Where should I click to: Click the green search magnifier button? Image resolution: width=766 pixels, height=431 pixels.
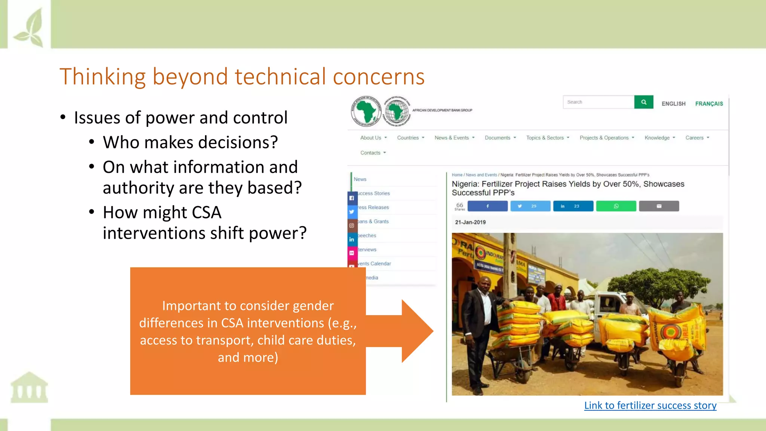pyautogui.click(x=643, y=102)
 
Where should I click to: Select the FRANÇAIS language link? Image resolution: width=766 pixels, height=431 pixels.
pyautogui.click(x=709, y=104)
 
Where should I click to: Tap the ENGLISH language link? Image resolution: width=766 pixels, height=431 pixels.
pyautogui.click(x=673, y=104)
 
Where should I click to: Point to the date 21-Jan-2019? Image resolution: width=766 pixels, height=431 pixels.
pyautogui.click(x=470, y=222)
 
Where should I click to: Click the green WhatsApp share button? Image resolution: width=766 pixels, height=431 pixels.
pyautogui.click(x=616, y=206)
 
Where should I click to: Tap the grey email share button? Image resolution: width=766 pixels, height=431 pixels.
pyautogui.click(x=659, y=206)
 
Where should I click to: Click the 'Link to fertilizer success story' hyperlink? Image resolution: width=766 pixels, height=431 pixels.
pyautogui.click(x=650, y=406)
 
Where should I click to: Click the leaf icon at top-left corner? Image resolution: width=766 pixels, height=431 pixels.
pyautogui.click(x=30, y=28)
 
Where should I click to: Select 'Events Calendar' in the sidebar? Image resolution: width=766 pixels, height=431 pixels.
pyautogui.click(x=375, y=264)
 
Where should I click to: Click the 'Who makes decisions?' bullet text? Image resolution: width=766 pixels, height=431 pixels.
pyautogui.click(x=190, y=143)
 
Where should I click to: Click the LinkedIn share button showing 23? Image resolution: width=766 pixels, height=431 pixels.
pyautogui.click(x=573, y=206)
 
